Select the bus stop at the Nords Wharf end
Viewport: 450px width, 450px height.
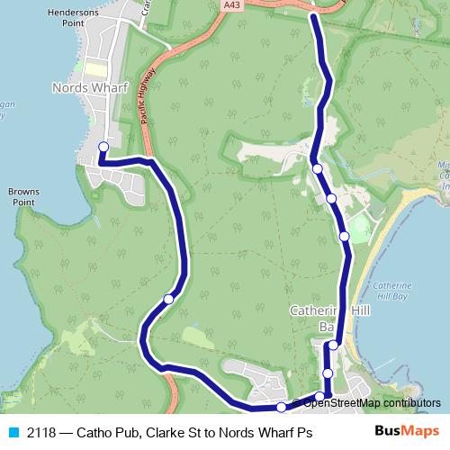tap(103, 147)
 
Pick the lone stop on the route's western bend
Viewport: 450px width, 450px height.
tap(168, 299)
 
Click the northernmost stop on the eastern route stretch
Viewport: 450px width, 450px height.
tap(317, 168)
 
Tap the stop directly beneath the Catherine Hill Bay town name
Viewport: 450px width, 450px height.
tap(333, 345)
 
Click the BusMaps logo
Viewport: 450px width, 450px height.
tap(408, 432)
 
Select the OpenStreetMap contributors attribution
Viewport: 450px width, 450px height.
tap(365, 402)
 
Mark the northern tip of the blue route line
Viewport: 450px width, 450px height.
tap(313, 14)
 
